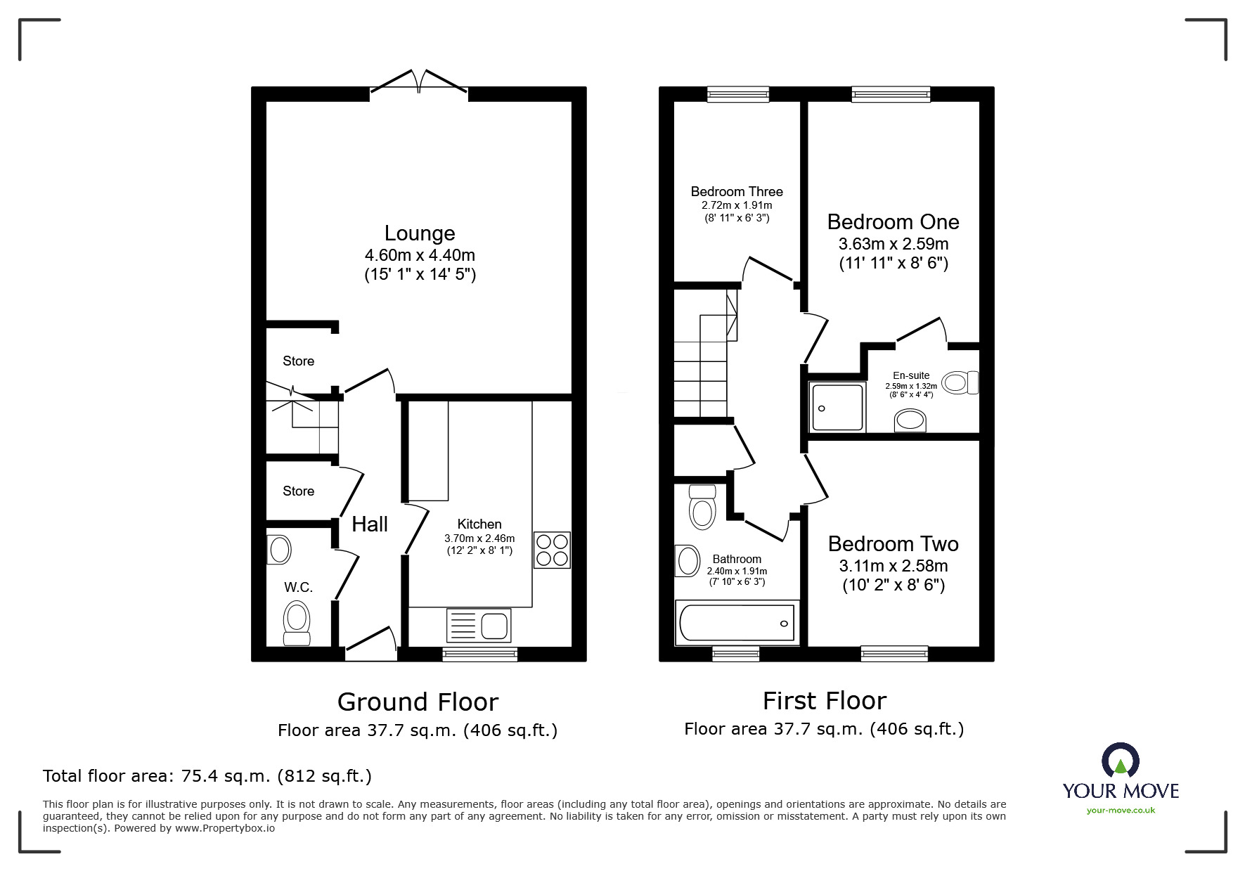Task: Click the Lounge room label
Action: (420, 233)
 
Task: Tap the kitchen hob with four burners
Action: (552, 550)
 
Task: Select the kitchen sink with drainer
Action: (479, 625)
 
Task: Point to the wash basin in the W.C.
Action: (280, 550)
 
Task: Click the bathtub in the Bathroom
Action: (737, 623)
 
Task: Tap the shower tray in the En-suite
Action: (837, 407)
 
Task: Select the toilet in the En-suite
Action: (960, 382)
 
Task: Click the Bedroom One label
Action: (893, 222)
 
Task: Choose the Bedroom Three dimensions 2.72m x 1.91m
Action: (737, 205)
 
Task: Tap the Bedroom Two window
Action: (894, 654)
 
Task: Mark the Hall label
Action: (370, 524)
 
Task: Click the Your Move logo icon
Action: (1120, 761)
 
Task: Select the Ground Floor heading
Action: (418, 702)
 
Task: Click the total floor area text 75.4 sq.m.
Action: (207, 776)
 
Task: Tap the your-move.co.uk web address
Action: (1121, 811)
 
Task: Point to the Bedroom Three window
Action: (737, 93)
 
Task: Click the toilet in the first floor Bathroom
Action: (702, 508)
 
